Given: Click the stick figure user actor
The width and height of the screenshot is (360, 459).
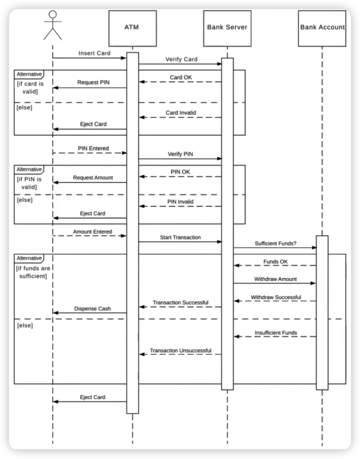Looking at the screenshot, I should click(x=52, y=25).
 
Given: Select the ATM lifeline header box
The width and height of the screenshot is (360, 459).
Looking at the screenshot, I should click(x=132, y=27).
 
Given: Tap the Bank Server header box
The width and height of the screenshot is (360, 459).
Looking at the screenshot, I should click(x=227, y=27).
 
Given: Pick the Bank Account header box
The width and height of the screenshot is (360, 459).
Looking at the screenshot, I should click(x=322, y=27).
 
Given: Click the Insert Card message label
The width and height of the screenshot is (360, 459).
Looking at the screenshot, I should click(x=94, y=53).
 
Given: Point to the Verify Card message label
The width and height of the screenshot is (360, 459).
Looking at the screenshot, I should click(x=181, y=59).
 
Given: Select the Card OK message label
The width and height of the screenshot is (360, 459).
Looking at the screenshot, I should click(x=181, y=77).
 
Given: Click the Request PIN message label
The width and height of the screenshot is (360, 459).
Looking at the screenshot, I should click(x=94, y=83).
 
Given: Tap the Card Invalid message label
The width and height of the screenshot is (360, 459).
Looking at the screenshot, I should click(x=180, y=113).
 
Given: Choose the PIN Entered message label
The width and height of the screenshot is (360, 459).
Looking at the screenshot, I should click(x=93, y=148).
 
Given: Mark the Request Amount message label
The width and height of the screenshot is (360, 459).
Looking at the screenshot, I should click(x=93, y=177).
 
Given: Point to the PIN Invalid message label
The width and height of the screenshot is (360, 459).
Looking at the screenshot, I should click(x=180, y=201).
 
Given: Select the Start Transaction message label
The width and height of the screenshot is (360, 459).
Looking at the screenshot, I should click(x=180, y=237).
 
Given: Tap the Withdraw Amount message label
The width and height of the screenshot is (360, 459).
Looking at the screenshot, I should click(x=275, y=279).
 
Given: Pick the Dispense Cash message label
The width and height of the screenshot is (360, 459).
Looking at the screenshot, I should click(x=93, y=308).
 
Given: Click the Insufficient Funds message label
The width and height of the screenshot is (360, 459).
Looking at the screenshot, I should click(x=276, y=332).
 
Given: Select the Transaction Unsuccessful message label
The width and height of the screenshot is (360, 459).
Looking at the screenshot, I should click(x=180, y=350).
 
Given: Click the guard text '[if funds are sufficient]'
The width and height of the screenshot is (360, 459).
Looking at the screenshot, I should click(x=32, y=272).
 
